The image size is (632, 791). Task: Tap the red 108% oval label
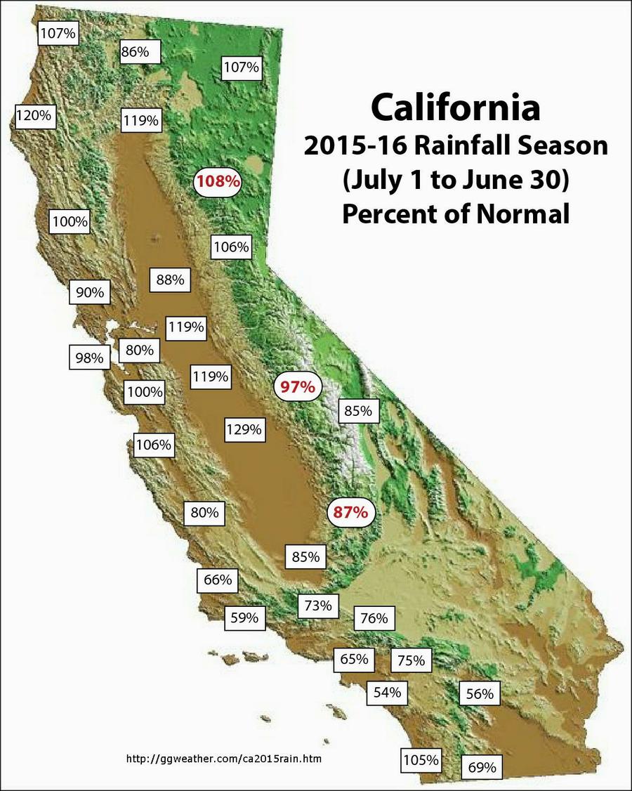pyautogui.click(x=218, y=181)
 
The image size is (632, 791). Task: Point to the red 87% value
pyautogui.click(x=351, y=513)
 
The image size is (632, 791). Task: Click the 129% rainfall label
pyautogui.click(x=244, y=429)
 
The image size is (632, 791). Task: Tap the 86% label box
pyautogui.click(x=140, y=51)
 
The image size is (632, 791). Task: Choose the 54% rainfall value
pyautogui.click(x=387, y=692)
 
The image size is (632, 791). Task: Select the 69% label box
pyautogui.click(x=482, y=766)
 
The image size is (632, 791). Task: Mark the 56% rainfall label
pyautogui.click(x=480, y=694)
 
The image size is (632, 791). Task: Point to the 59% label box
pyautogui.click(x=245, y=618)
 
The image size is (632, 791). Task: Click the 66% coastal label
pyautogui.click(x=218, y=580)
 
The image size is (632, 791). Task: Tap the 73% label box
pyautogui.click(x=318, y=605)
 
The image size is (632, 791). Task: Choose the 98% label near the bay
pyautogui.click(x=90, y=358)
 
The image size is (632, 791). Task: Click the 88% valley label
pyautogui.click(x=170, y=280)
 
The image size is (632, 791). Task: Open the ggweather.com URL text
pyautogui.click(x=224, y=759)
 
